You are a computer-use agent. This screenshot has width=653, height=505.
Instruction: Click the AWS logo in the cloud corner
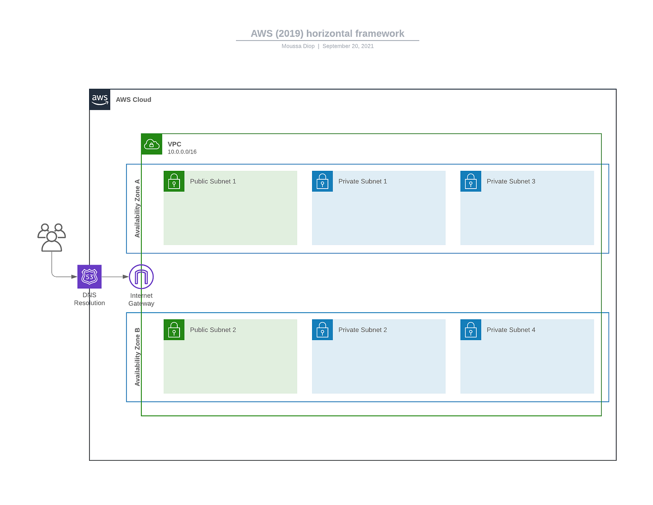[100, 99]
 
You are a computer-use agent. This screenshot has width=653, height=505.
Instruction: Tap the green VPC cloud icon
[152, 144]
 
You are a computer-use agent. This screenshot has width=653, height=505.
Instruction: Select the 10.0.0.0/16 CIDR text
[182, 152]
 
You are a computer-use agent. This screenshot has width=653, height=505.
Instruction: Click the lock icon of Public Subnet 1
[174, 181]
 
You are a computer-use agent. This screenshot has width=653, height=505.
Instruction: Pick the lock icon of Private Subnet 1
[322, 181]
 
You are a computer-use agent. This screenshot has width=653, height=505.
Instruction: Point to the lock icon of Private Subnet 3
[471, 181]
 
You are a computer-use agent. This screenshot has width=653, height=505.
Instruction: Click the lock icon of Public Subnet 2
[174, 330]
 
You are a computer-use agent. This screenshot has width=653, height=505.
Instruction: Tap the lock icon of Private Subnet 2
[322, 330]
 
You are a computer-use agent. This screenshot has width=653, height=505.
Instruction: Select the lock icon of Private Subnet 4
[471, 330]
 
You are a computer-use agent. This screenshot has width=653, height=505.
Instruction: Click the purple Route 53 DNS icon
[90, 277]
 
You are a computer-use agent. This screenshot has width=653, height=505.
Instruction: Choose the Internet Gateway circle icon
[141, 277]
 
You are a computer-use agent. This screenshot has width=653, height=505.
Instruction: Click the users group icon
[52, 238]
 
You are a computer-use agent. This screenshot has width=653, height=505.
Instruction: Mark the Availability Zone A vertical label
[137, 208]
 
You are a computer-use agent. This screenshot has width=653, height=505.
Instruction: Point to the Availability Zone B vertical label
[137, 357]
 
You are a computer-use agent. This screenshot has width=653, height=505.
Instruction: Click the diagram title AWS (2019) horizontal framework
[327, 34]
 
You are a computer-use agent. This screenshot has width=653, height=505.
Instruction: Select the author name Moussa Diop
[298, 46]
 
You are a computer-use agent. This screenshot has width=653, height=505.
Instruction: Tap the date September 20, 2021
[348, 46]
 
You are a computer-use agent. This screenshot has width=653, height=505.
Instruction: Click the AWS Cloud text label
[133, 100]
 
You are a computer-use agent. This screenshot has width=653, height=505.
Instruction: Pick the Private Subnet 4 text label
[511, 330]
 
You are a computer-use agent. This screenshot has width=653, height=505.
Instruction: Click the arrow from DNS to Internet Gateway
[115, 277]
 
